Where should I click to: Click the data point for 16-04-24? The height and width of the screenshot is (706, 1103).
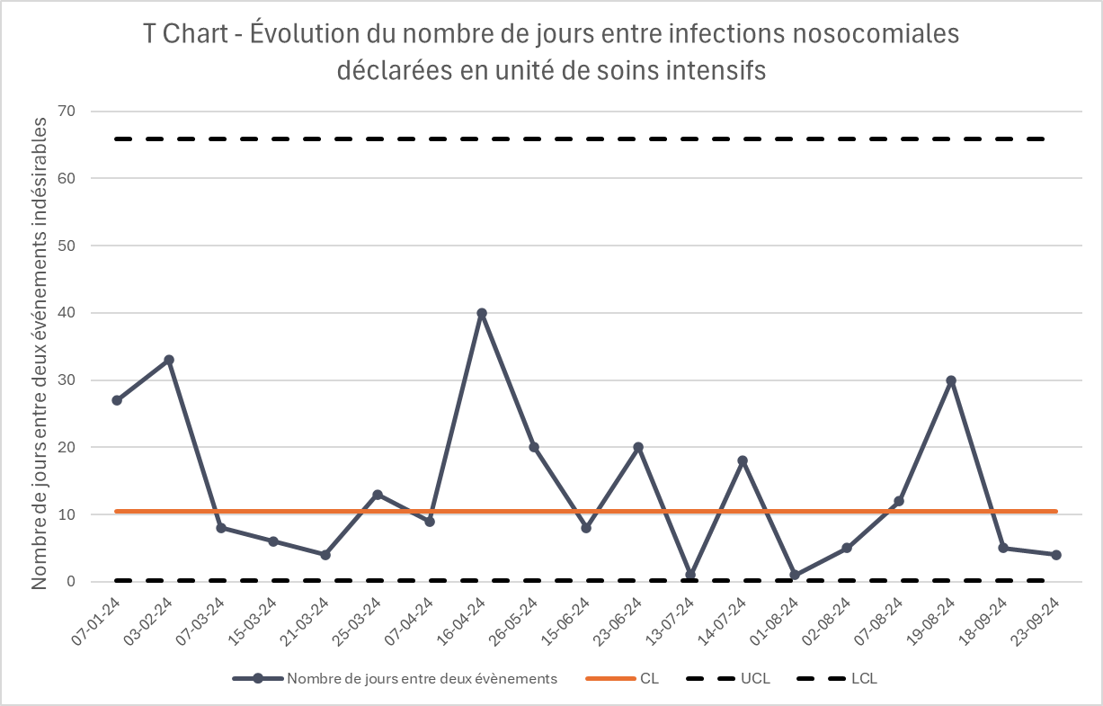click(482, 313)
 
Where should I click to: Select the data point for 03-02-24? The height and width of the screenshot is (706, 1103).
click(169, 360)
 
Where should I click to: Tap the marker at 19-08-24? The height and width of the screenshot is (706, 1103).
click(951, 380)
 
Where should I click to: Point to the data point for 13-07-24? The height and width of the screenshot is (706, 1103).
click(690, 575)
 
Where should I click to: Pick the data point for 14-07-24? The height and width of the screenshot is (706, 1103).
click(743, 460)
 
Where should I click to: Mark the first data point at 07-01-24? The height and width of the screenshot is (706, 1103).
click(117, 400)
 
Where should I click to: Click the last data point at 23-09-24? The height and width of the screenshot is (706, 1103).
click(1055, 555)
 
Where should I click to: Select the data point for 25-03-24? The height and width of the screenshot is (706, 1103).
click(378, 495)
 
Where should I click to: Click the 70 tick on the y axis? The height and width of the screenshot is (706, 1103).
click(67, 112)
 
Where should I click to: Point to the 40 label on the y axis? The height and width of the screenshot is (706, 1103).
click(67, 313)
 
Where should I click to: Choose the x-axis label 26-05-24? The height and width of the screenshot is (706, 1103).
click(518, 620)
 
